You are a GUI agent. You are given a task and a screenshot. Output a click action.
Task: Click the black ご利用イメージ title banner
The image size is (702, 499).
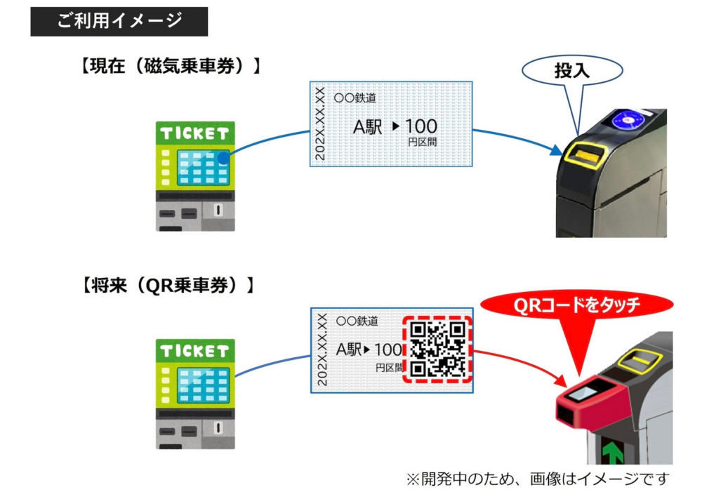(119, 21)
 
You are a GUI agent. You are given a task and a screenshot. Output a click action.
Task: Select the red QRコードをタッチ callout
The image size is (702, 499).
(576, 305)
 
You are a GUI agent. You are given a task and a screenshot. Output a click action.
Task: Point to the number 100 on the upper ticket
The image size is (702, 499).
(421, 127)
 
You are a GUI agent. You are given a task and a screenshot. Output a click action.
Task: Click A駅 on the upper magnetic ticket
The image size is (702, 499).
(367, 127)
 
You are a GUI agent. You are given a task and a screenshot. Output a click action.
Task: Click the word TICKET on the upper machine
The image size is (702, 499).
(195, 133)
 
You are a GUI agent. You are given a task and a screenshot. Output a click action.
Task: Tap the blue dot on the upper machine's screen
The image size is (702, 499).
(223, 158)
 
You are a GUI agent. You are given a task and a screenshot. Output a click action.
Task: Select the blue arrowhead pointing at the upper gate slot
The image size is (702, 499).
(555, 149)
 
